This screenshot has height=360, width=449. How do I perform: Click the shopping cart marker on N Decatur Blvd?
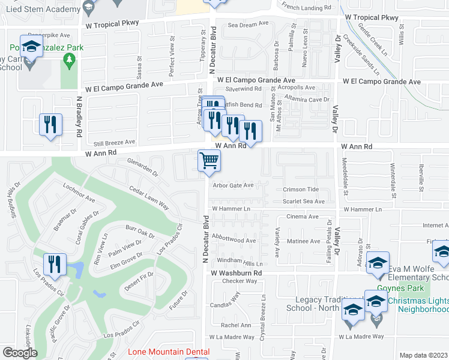click(209, 161)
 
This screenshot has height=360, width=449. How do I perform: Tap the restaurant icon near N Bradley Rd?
click(50, 124)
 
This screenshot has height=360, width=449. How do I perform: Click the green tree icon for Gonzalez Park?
click(70, 59)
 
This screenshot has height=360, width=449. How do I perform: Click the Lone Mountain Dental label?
click(169, 352)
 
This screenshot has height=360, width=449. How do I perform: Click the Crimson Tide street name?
click(301, 190)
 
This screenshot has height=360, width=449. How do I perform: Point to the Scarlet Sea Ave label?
click(304, 202)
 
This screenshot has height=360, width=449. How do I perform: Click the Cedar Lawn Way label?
click(149, 197)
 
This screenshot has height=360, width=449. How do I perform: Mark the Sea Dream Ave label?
click(248, 24)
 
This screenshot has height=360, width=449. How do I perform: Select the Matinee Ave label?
click(303, 242)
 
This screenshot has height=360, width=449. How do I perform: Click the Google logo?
click(20, 352)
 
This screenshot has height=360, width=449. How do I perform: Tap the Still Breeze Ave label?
click(113, 143)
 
